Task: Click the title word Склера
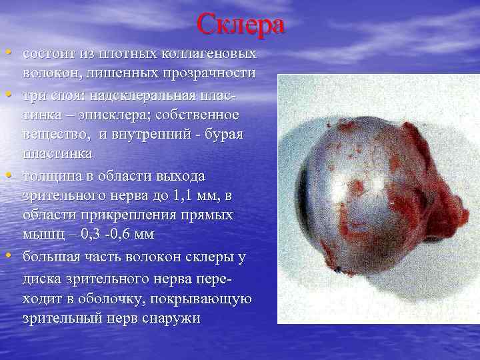241,25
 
